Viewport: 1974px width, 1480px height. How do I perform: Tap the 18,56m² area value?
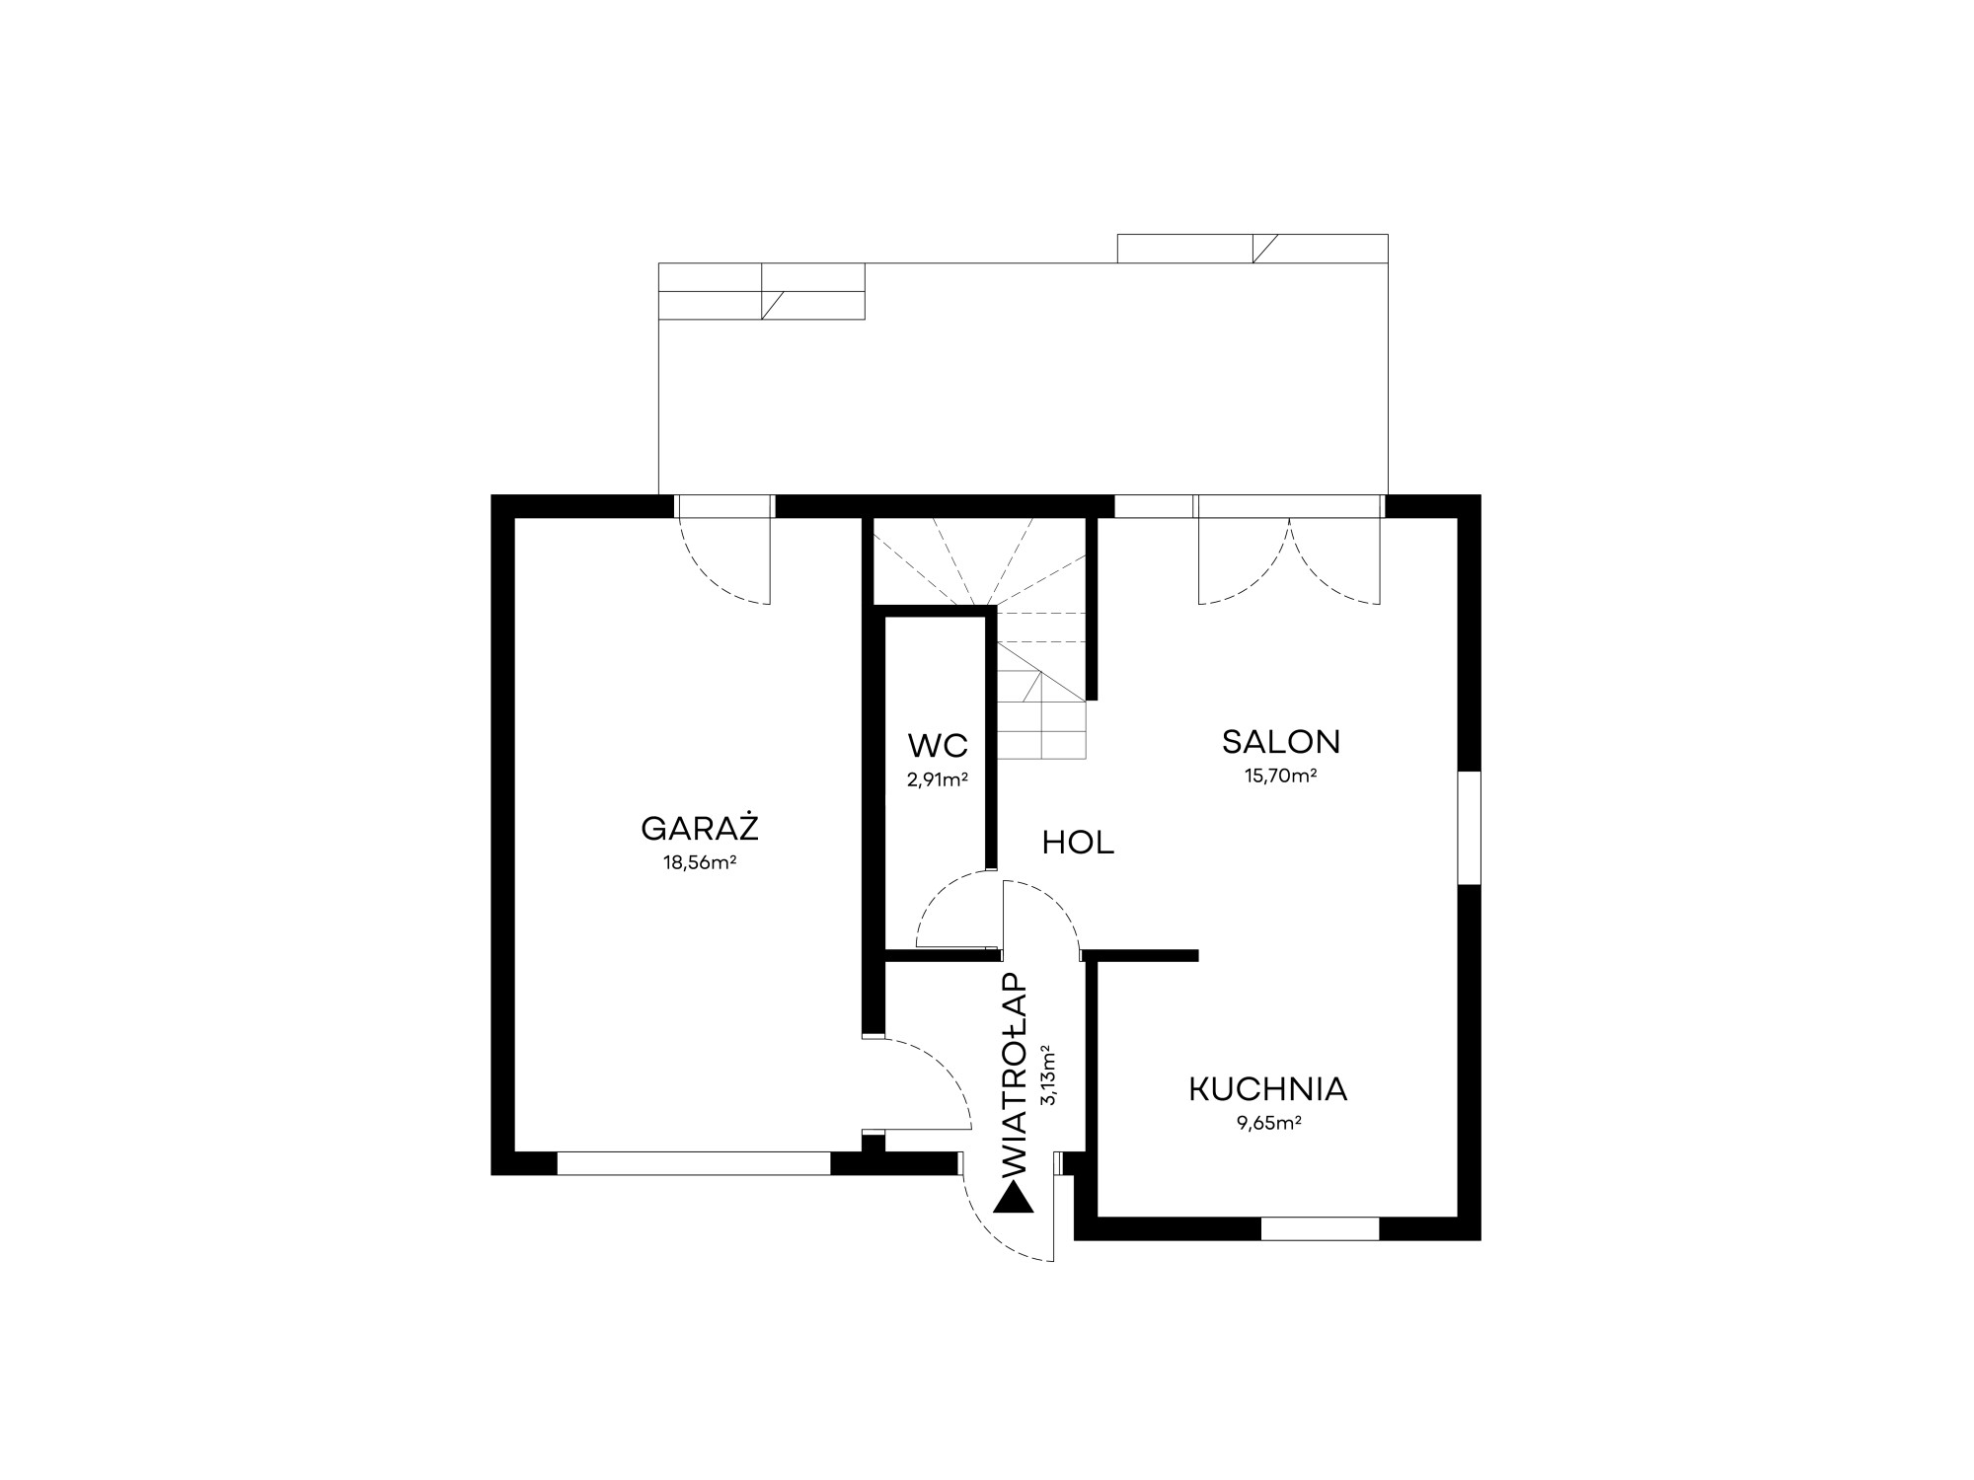(x=701, y=862)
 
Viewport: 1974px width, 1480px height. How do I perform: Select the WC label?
(x=938, y=745)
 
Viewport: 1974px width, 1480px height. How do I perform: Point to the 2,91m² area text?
(x=938, y=779)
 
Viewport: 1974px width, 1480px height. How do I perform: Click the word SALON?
(x=1281, y=741)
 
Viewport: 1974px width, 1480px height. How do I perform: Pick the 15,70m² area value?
(x=1281, y=776)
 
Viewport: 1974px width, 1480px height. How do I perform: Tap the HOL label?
(x=1078, y=843)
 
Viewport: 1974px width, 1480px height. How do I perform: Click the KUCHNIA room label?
(x=1268, y=1089)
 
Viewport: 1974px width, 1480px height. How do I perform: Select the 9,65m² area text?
(x=1268, y=1123)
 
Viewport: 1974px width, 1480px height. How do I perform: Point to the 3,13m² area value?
(x=1048, y=1075)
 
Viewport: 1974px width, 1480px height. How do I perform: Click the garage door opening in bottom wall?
(x=694, y=1163)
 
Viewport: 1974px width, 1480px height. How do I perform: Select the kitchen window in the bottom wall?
(x=1320, y=1228)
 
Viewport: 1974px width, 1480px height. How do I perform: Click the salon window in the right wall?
(x=1469, y=828)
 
